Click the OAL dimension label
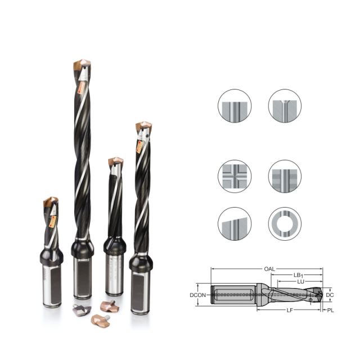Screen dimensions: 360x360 pos(269,269)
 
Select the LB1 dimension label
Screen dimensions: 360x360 pos(299,275)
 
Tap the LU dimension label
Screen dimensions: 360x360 pos(300,281)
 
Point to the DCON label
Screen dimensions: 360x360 pos(197,295)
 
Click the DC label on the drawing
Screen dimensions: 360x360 pos(330,295)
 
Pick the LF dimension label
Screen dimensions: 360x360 pos(290,310)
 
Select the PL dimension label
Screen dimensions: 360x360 pos(330,310)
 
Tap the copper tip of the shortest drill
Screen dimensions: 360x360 pos(50,201)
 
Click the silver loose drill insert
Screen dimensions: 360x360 pos(82,310)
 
